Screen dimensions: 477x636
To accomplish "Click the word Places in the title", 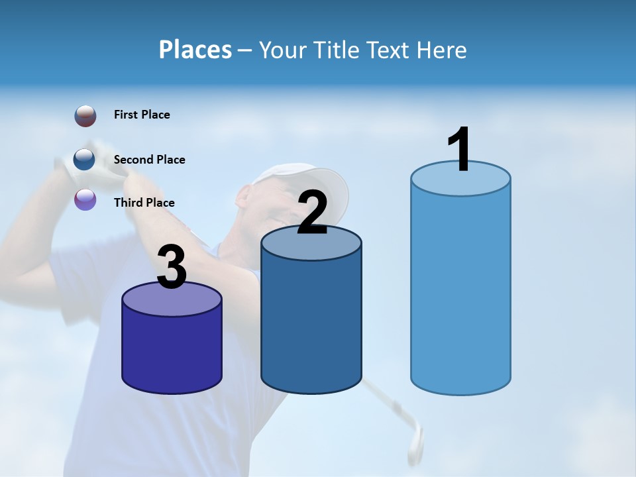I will pos(195,50).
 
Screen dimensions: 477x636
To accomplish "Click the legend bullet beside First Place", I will pos(85,115).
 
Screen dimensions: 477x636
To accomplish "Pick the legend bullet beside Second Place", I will pos(85,160).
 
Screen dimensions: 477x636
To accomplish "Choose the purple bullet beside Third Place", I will pos(85,199).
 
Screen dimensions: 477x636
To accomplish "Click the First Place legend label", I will pos(142,115).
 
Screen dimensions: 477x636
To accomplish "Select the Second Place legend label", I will pos(149,160).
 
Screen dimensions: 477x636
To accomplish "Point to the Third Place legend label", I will pos(144,203).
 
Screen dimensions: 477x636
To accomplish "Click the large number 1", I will pos(460,149).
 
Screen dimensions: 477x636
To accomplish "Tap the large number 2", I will pos(312,212).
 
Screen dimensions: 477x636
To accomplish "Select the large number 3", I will pos(172,267).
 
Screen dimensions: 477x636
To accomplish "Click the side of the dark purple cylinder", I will pos(172,351).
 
